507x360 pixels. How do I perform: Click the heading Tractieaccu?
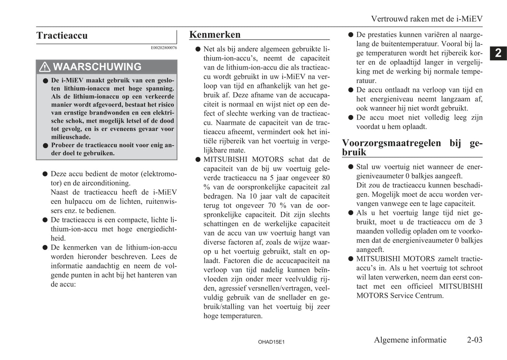point(62,36)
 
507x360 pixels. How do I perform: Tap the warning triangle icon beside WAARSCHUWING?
point(45,67)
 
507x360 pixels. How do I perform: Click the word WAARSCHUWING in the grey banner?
point(97,67)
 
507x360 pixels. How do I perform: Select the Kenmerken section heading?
point(215,35)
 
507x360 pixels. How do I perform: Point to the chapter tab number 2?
point(498,53)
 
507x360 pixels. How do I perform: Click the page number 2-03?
point(474,340)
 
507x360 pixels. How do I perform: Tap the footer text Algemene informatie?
point(410,340)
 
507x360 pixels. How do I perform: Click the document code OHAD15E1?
point(271,342)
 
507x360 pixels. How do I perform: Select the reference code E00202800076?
point(164,48)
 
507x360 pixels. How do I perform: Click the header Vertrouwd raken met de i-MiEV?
point(427,19)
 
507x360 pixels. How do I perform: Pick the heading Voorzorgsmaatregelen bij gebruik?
point(412,147)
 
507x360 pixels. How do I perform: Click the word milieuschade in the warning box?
point(71,137)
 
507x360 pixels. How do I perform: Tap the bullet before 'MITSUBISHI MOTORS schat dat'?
point(198,160)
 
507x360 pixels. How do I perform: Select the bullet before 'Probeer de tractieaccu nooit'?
point(45,146)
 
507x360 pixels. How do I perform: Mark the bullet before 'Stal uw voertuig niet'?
point(351,167)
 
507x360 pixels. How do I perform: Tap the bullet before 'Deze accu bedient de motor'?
point(45,174)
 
